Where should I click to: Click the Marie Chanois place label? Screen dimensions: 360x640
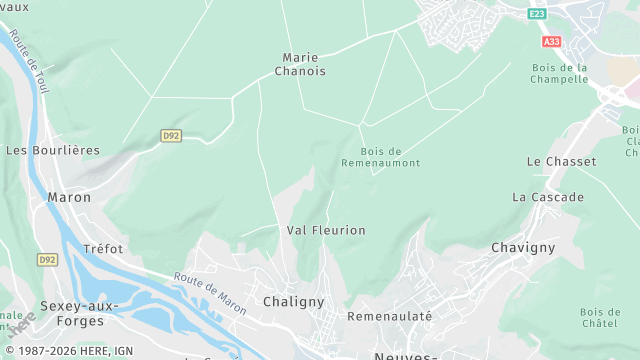305,64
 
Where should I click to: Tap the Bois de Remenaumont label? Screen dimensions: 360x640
380,157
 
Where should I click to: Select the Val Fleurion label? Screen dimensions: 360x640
326,230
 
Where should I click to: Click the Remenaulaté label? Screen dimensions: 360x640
389,316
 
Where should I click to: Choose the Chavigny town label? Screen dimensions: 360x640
523,247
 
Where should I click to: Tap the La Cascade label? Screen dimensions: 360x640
547,197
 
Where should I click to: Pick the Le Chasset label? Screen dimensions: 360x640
561,161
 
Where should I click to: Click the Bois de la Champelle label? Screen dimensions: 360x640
560,73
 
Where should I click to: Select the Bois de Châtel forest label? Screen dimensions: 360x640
599,318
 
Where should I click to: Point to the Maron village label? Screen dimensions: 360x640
69,197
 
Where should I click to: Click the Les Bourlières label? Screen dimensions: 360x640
53,150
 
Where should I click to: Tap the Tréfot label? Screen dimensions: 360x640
103,248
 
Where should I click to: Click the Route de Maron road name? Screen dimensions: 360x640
209,291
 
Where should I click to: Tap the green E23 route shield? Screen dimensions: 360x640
538,13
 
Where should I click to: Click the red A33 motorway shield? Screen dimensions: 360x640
552,42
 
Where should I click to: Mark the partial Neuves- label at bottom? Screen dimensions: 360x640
405,356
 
